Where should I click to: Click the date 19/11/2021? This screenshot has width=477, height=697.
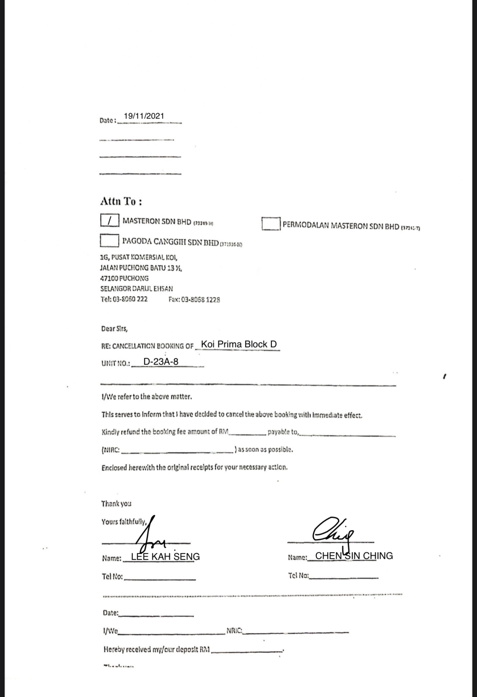144,116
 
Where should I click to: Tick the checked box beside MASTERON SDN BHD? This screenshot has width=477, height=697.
109,220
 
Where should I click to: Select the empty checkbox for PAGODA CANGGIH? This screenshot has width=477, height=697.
109,241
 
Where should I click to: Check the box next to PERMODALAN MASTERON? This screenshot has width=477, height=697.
271,224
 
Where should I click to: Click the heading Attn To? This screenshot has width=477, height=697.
121,201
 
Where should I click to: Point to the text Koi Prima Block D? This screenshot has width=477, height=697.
239,344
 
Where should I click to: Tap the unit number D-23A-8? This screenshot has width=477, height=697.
161,361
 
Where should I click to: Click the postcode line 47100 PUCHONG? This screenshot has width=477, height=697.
124,278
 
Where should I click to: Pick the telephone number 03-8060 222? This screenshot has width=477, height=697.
124,299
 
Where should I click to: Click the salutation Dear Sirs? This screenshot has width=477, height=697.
114,329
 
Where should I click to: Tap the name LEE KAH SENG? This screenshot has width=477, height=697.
165,557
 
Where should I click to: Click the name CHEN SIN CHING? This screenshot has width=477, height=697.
354,556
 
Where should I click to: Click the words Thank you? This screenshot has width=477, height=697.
116,504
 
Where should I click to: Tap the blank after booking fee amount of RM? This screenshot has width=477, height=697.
247,432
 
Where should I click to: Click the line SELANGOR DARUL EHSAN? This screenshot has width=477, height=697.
137,288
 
